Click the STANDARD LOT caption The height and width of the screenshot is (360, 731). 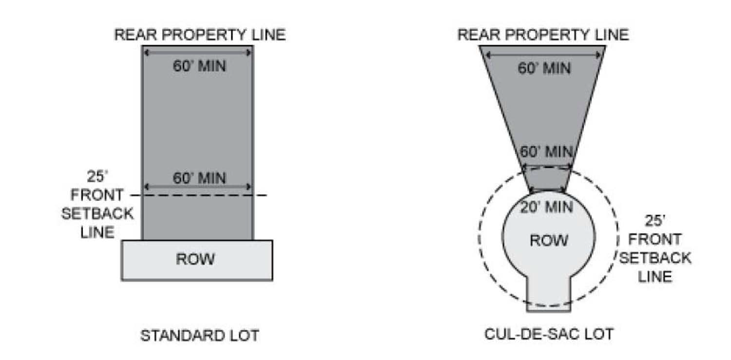199,336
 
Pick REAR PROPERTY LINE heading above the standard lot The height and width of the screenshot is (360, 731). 199,35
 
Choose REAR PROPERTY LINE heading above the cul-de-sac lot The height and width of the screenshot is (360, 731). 543,35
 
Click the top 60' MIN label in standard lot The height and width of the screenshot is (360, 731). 199,66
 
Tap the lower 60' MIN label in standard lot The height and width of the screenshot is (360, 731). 199,179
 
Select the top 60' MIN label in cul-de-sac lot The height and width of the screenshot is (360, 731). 544,68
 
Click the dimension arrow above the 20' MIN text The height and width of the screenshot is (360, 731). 546,190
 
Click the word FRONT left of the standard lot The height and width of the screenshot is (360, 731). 97,195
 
